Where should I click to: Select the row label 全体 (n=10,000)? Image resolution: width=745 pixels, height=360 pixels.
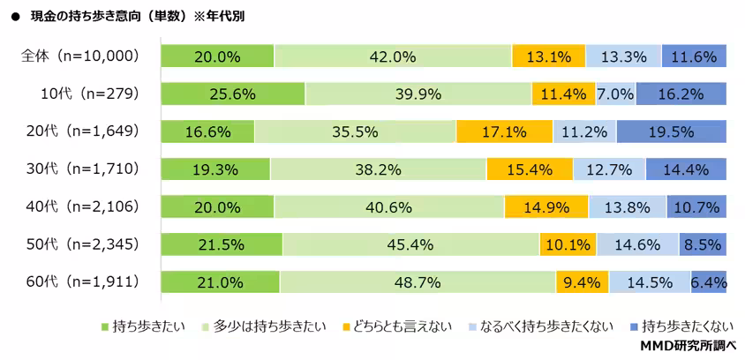coord(80,56)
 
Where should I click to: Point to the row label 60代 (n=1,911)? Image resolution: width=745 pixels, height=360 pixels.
coord(80,282)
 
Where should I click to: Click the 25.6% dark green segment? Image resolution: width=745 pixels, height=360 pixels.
coord(232,94)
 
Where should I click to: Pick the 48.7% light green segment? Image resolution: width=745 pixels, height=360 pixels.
coord(418,282)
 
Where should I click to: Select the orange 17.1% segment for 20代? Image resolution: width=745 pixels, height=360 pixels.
coord(504,131)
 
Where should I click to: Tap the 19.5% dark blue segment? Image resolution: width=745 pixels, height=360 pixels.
coord(671,131)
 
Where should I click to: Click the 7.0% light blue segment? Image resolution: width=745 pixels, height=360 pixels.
coord(615,94)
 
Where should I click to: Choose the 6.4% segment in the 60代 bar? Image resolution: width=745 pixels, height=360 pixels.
coord(709,282)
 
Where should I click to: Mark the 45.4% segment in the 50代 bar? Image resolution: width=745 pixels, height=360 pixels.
coord(410,244)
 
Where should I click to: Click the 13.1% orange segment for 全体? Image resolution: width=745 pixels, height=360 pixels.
coord(548,56)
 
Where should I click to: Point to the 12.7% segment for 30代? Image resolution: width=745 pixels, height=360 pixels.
coord(609,169)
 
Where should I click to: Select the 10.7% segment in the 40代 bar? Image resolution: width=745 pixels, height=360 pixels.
coord(696,207)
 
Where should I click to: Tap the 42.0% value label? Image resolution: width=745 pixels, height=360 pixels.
coord(393,56)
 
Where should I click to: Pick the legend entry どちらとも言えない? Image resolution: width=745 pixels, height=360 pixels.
coord(393,326)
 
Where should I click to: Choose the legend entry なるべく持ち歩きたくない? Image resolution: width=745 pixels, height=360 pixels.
coord(543,326)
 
